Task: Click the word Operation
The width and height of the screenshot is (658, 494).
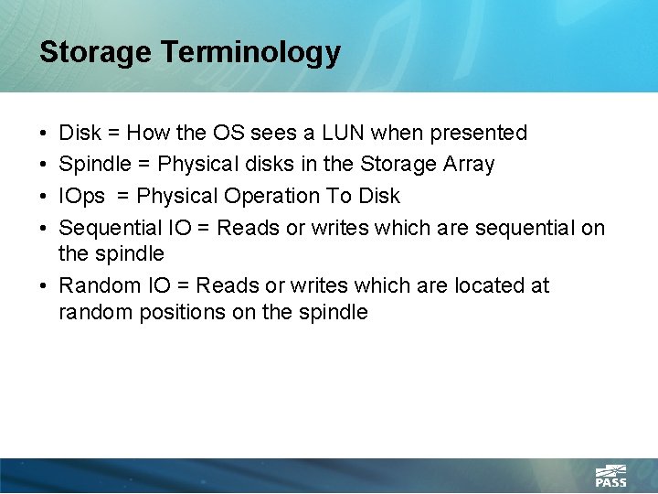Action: coord(268,196)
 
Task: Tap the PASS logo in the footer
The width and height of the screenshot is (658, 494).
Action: coord(610,476)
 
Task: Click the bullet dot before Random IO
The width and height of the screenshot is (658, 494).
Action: coord(45,286)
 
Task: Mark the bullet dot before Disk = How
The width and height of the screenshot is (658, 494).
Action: coord(45,134)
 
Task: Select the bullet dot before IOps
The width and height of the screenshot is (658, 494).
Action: coord(45,197)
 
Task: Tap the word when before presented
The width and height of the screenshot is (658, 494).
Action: coord(398,134)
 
